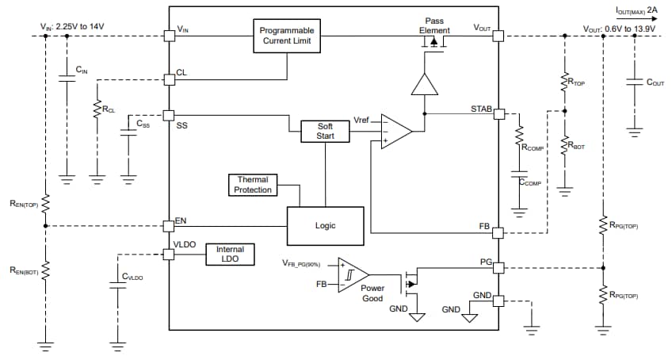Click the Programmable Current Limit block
coord(287,36)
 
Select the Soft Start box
coord(325,132)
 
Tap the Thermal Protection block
coord(253,185)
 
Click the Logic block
coord(325,226)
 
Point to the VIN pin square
coord(168,36)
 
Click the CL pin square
coord(168,79)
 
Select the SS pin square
coord(168,115)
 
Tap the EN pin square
coord(168,225)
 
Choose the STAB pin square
coord(499,114)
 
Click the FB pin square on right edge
coord(499,233)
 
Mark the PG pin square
coord(499,267)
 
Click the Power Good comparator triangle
coord(351,274)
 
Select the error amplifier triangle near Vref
coord(395,131)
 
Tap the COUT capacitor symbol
coord(633,81)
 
